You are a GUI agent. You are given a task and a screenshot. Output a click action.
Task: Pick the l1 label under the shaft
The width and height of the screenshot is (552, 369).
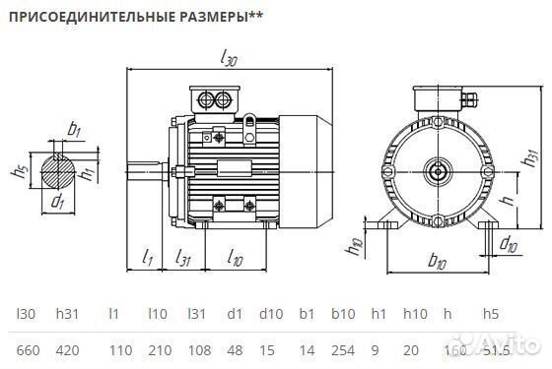pos(147,257)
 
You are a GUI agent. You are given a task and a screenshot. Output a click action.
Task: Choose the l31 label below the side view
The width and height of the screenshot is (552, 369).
pos(182,257)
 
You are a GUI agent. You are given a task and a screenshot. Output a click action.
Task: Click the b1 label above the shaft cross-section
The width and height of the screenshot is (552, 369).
pos(74,128)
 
